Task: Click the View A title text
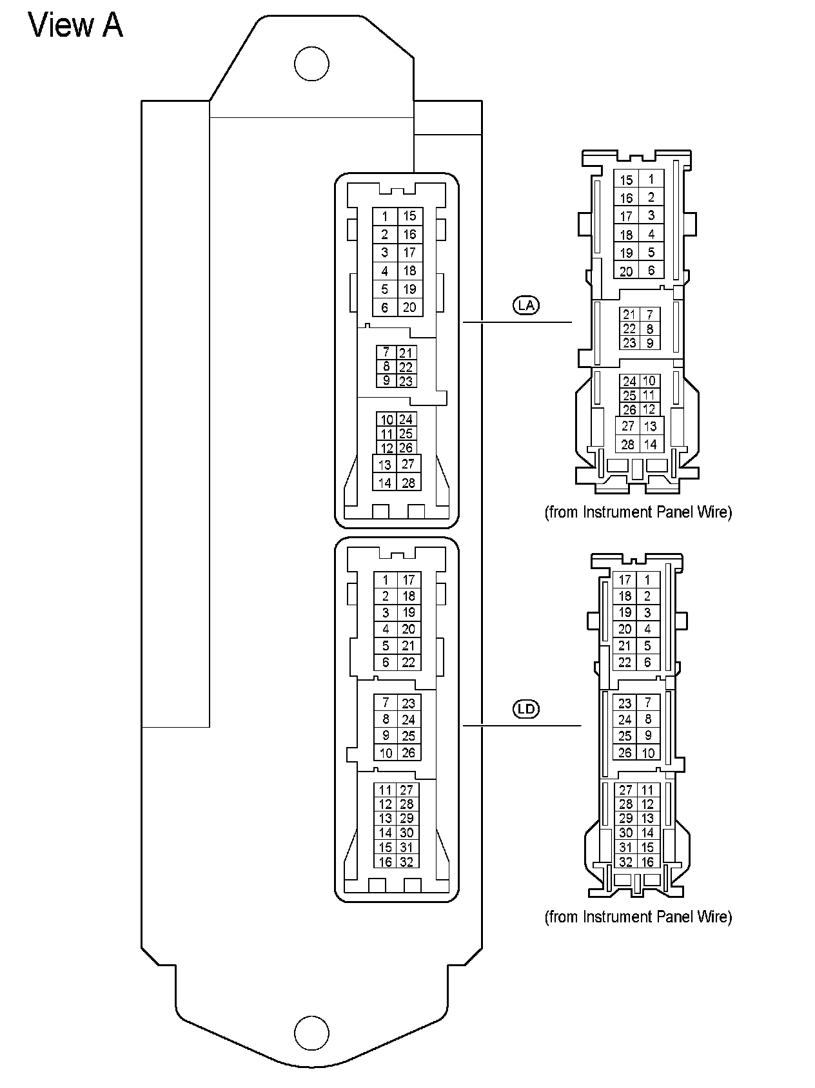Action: (x=75, y=26)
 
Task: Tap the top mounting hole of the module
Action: (x=311, y=64)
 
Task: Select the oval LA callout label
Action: (x=526, y=305)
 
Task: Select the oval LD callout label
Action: (x=526, y=710)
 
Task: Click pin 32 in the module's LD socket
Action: (x=407, y=862)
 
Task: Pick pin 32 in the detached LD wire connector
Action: (x=625, y=862)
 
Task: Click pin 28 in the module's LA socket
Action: (x=409, y=483)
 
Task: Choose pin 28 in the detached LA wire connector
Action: (x=627, y=444)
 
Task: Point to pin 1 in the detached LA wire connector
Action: (x=651, y=180)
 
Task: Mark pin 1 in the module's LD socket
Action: (x=386, y=580)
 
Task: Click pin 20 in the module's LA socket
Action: (x=409, y=307)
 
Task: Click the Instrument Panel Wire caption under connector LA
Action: (x=638, y=512)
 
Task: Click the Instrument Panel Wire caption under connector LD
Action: (x=638, y=917)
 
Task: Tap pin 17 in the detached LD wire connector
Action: (x=625, y=580)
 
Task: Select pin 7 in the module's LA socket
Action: (x=386, y=353)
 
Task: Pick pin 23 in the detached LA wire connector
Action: (x=629, y=343)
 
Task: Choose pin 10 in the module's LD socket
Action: (x=386, y=753)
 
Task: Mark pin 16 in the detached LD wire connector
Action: (x=648, y=862)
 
